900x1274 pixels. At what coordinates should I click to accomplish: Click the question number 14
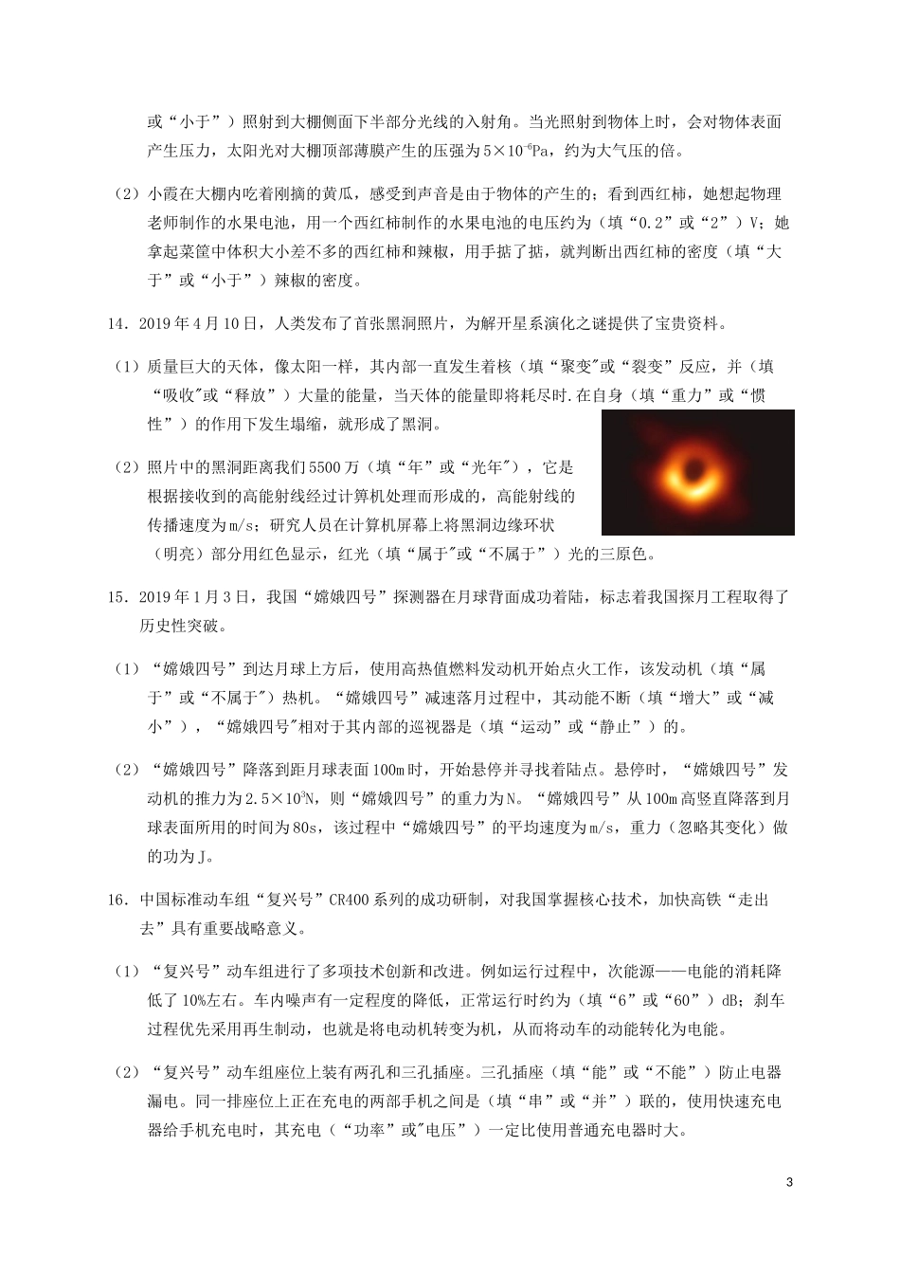coord(119,323)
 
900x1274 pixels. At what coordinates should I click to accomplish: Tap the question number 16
coord(119,899)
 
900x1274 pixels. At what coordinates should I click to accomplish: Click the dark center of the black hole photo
coord(697,471)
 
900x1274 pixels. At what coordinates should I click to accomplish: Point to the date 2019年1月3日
coord(193,596)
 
